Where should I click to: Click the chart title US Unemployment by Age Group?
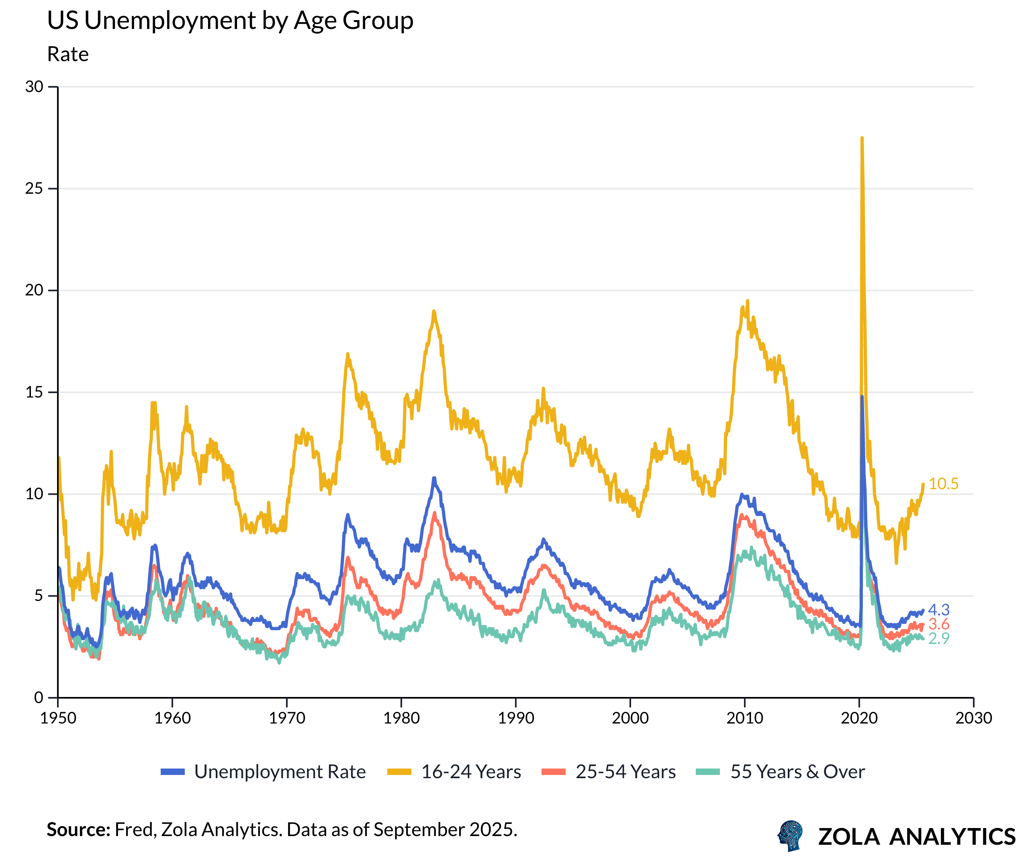click(x=230, y=20)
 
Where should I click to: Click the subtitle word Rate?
click(x=67, y=54)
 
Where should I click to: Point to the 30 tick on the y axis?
click(x=34, y=87)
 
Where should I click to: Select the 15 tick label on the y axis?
click(x=34, y=392)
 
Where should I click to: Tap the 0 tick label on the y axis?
click(x=39, y=697)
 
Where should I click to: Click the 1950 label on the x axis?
click(x=58, y=718)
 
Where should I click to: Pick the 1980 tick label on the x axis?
click(x=401, y=718)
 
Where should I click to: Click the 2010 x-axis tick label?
click(x=744, y=718)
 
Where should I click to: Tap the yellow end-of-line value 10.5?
click(x=943, y=484)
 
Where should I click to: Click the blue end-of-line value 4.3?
click(x=939, y=610)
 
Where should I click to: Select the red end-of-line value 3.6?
click(x=939, y=624)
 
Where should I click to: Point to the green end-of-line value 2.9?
click(x=939, y=638)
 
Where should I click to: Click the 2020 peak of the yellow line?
click(x=862, y=138)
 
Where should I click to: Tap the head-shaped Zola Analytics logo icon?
click(x=791, y=836)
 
